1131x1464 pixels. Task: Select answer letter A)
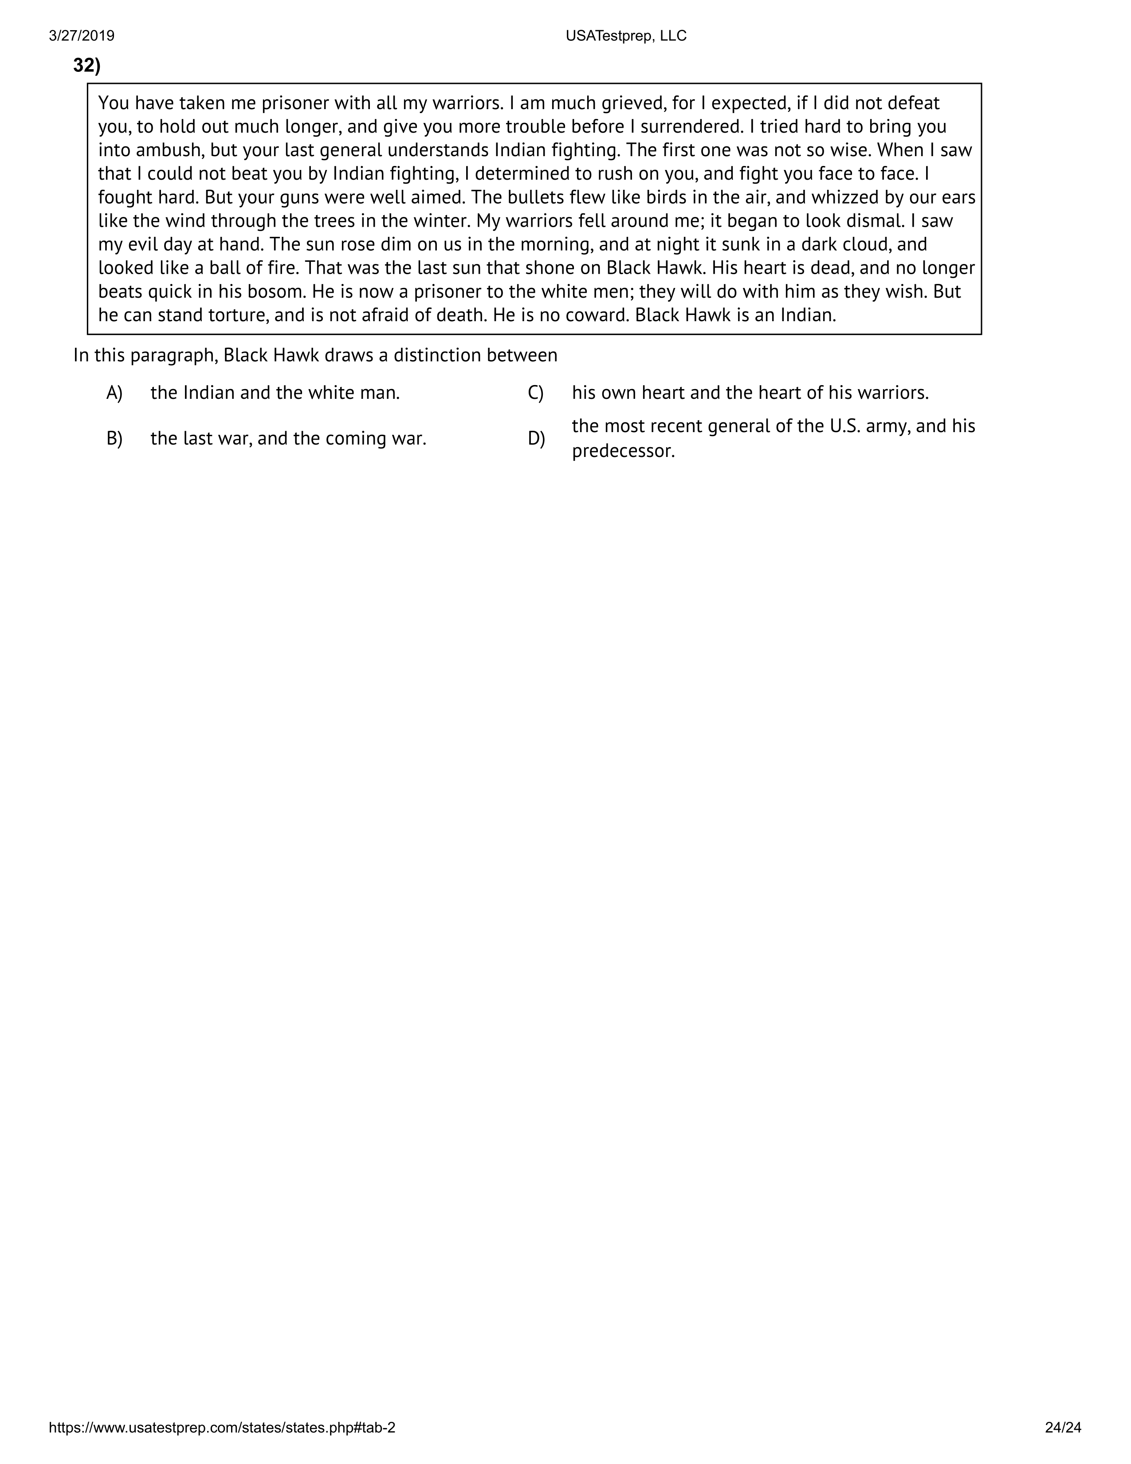click(x=114, y=393)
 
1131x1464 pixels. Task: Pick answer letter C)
click(x=535, y=393)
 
